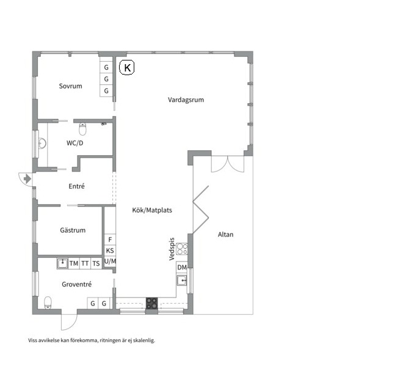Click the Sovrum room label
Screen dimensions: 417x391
pos(70,86)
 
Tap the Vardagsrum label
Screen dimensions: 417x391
pos(186,100)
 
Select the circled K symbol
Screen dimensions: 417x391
pos(127,68)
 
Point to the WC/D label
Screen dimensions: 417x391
pos(74,143)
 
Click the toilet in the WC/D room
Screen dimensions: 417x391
pos(82,129)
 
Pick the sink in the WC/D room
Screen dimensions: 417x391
pos(42,144)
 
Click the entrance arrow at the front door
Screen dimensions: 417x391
pos(27,178)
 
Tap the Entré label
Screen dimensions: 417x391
pos(76,186)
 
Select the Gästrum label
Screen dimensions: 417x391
pos(73,230)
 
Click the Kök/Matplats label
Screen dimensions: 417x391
pos(152,210)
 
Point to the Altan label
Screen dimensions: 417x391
pos(225,235)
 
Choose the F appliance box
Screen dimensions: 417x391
pos(110,239)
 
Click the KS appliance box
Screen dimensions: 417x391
pos(110,250)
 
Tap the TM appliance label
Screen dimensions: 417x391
pos(74,263)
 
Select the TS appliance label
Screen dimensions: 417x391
pos(96,263)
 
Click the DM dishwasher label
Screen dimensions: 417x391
pos(182,267)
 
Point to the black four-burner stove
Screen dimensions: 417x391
pos(151,304)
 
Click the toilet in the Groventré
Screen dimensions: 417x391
pos(48,302)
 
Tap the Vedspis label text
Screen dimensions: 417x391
pos(172,249)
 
